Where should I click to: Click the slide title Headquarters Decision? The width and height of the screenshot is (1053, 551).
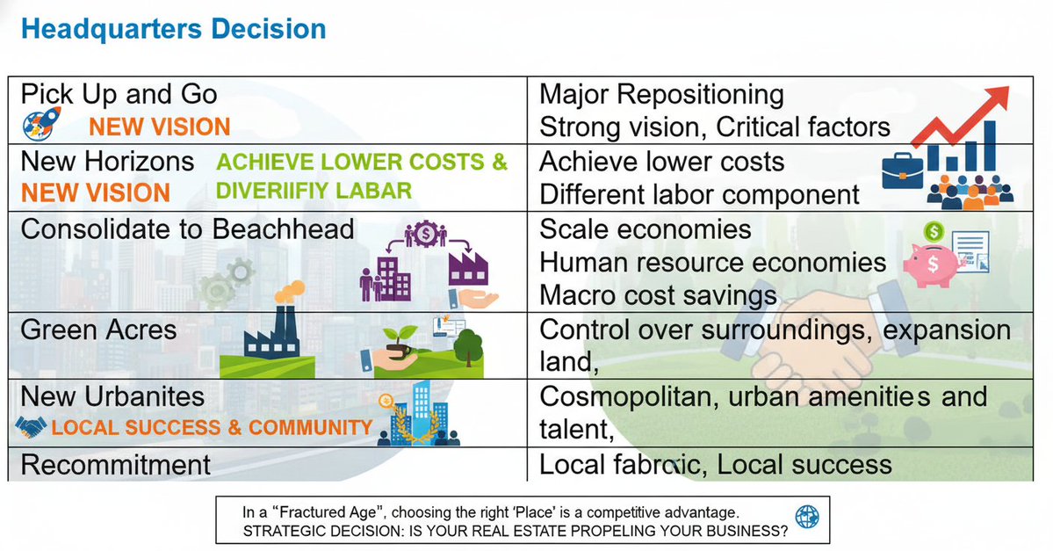[173, 29]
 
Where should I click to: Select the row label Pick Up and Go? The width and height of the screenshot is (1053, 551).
[119, 94]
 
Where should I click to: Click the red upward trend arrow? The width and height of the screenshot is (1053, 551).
[962, 114]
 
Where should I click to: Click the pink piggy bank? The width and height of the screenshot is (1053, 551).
[931, 265]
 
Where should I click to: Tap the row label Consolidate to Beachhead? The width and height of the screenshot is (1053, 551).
[187, 229]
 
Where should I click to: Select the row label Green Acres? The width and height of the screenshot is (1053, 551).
[98, 330]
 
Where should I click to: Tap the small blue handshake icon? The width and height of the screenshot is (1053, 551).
[32, 428]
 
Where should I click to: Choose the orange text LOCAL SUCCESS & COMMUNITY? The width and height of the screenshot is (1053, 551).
[212, 428]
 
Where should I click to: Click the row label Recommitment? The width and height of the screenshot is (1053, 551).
[116, 464]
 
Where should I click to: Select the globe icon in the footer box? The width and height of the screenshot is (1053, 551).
[806, 515]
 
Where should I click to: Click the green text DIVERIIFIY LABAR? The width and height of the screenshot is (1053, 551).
[313, 191]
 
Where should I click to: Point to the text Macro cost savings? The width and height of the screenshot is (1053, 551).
[658, 294]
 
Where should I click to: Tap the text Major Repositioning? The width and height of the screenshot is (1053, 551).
[661, 94]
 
